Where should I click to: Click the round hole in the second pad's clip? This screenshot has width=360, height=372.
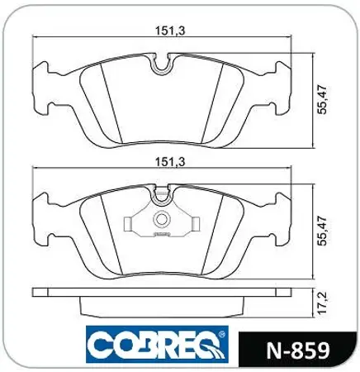tap(163, 220)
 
